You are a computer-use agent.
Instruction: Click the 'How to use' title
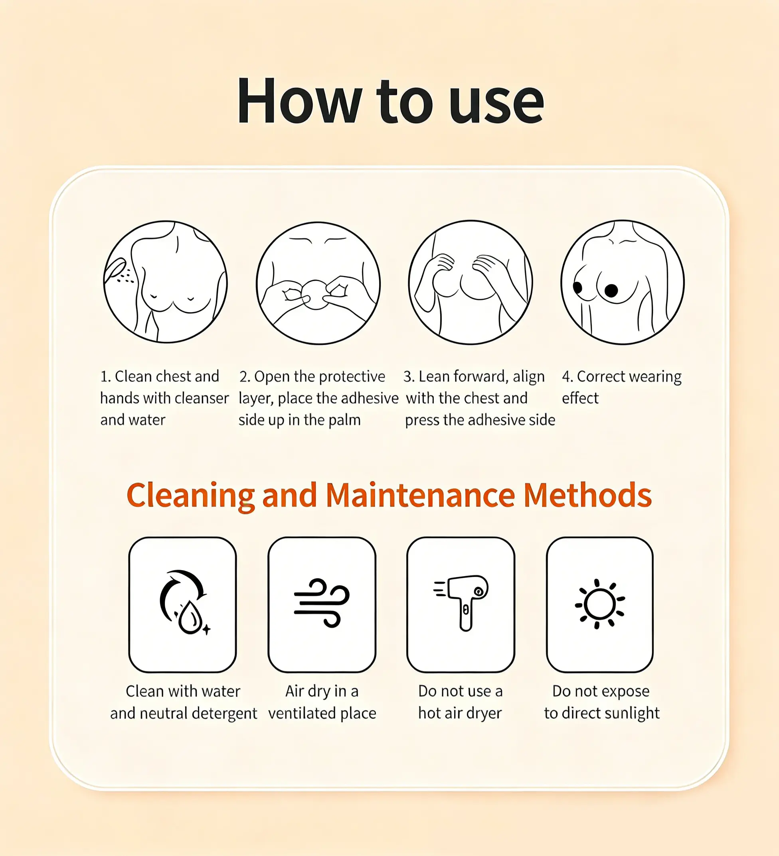pyautogui.click(x=390, y=101)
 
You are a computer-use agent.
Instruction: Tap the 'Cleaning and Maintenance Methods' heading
pyautogui.click(x=389, y=496)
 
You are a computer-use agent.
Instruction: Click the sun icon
pyautogui.click(x=600, y=604)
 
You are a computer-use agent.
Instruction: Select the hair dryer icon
pyautogui.click(x=462, y=602)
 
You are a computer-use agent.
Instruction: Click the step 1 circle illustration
pyautogui.click(x=166, y=281)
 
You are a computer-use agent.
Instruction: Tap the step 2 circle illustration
pyautogui.click(x=318, y=283)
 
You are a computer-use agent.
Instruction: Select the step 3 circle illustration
pyautogui.click(x=471, y=282)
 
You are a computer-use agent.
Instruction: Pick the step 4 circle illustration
pyautogui.click(x=623, y=282)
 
